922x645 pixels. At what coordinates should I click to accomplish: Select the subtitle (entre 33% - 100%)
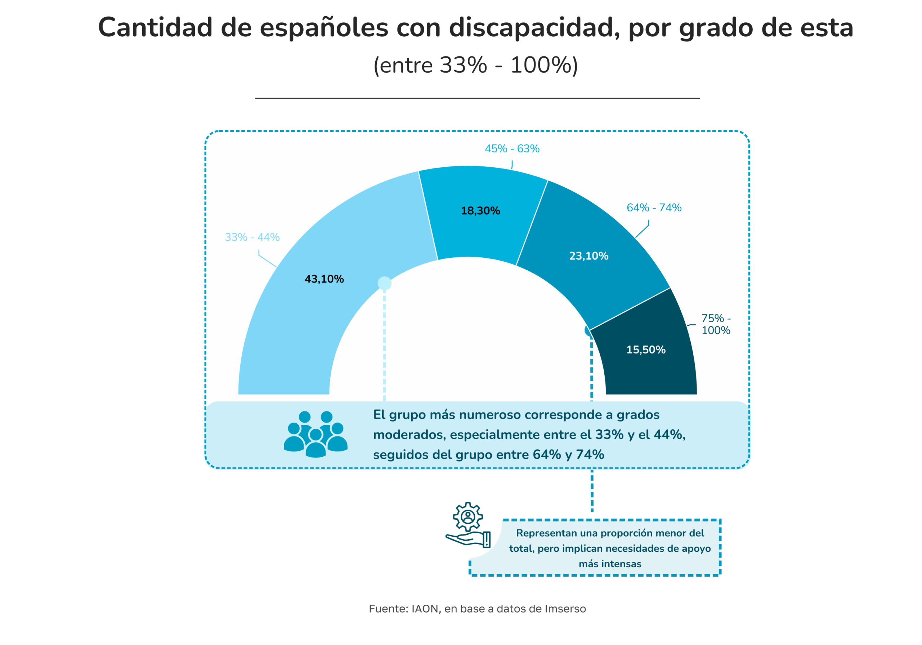475,65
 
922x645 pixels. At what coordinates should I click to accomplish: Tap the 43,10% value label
324,279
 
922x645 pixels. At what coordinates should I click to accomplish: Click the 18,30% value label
480,211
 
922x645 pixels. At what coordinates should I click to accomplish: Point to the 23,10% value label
589,256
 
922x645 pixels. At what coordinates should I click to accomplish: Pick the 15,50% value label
646,349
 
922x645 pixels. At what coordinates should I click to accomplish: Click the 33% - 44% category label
252,237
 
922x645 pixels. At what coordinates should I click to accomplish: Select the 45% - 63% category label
512,149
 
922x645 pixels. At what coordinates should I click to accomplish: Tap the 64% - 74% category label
654,208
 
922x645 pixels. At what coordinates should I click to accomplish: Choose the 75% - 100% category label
716,324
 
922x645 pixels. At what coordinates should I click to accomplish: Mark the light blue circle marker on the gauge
384,283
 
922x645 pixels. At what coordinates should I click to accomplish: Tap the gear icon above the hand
468,517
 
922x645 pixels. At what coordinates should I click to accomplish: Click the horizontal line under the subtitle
477,98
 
